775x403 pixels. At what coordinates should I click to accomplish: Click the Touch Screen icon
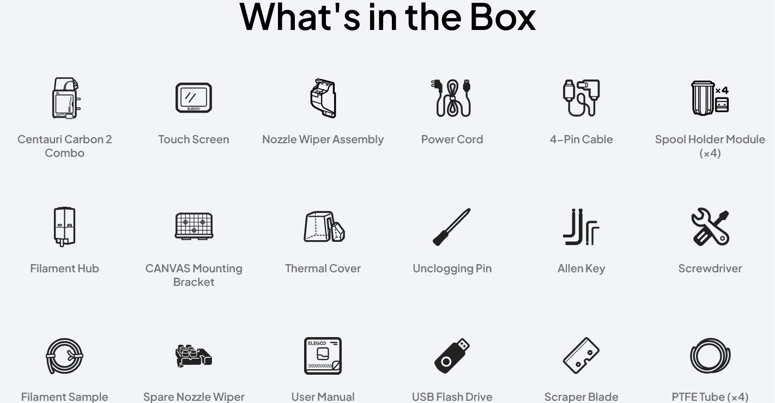point(194,98)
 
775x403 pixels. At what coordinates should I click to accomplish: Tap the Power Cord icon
point(452,98)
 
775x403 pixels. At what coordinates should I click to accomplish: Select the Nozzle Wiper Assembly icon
point(323,98)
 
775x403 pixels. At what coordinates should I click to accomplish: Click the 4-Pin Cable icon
point(581,98)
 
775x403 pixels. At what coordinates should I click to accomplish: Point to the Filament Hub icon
point(65,227)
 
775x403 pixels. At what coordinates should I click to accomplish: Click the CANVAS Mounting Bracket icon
point(194,227)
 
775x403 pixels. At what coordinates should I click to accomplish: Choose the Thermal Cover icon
point(324,227)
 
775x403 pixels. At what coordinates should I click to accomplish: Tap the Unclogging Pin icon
point(452,227)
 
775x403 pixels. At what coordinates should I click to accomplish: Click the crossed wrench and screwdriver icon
point(710,227)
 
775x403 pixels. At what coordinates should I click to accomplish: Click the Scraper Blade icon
point(581,356)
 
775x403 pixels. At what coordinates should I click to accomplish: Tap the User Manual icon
point(323,356)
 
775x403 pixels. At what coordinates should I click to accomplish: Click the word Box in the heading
point(502,17)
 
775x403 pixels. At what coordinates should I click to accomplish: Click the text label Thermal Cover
point(323,268)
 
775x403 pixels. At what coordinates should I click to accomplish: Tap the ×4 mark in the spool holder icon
point(722,90)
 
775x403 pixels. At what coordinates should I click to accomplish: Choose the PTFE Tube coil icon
point(692,356)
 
